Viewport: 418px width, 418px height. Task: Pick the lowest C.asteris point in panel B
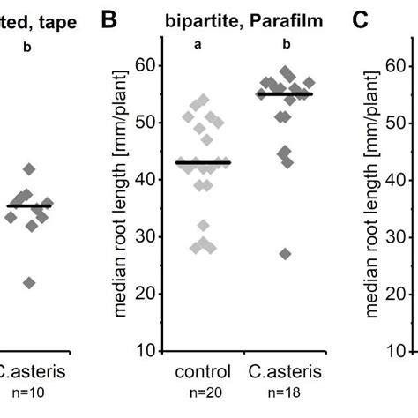tap(284, 254)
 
